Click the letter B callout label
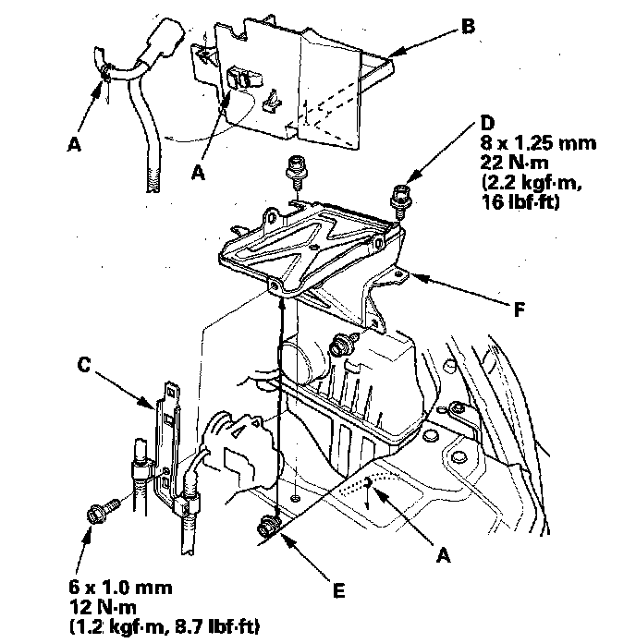(468, 26)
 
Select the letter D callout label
(487, 123)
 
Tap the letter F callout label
(520, 309)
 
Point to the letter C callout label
(84, 364)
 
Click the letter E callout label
(339, 591)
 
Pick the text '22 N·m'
(515, 163)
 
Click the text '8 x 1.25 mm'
(538, 143)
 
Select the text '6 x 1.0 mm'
(120, 588)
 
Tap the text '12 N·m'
(103, 607)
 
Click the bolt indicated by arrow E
(268, 526)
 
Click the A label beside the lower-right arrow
(443, 555)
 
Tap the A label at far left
(74, 143)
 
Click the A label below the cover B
(198, 172)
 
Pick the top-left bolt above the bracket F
(295, 171)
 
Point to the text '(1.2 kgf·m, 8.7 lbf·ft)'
(165, 627)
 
